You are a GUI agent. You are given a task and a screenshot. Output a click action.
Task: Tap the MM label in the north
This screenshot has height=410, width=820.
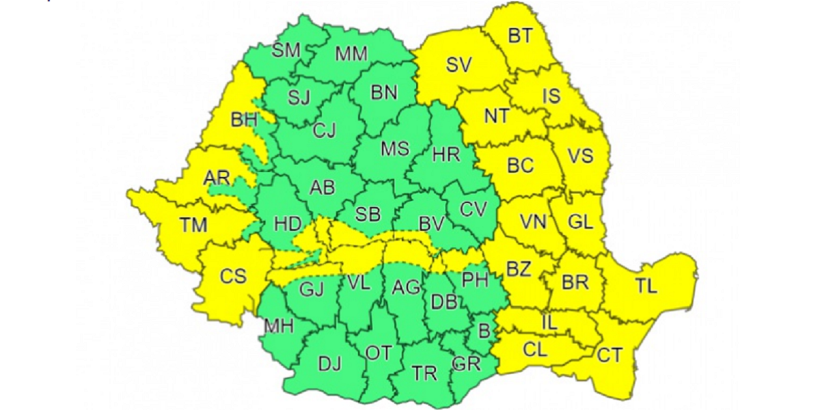351,54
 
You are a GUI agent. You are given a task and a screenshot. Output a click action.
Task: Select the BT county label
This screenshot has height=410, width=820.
520,36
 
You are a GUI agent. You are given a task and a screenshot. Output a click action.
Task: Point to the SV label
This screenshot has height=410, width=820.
459,65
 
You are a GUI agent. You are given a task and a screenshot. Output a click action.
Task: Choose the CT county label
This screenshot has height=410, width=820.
610,355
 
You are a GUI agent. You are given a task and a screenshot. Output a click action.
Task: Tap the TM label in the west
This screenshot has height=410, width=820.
193,223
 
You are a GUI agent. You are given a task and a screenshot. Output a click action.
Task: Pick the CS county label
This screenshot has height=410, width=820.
233,277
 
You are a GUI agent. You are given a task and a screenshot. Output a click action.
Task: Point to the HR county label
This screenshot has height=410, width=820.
446,154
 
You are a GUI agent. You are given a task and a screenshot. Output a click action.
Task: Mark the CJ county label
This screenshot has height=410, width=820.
325,130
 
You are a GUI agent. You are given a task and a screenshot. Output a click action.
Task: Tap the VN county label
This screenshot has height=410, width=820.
533,222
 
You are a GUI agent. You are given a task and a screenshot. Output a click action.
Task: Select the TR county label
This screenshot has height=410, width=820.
424,373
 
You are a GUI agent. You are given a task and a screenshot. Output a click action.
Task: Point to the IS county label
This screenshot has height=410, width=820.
551,96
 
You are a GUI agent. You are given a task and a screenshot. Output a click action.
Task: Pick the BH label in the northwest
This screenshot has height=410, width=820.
244,121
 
